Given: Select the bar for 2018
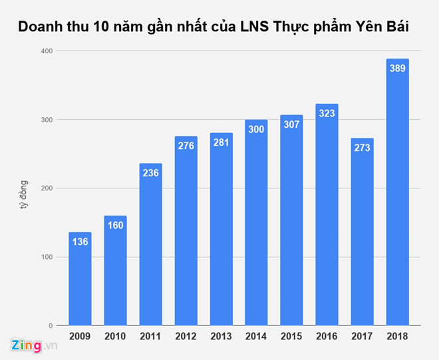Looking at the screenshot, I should click(397, 193).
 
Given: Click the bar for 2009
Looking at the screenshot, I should click(80, 279).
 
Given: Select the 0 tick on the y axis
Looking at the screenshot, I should click(51, 325).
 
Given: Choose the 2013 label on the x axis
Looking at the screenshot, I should click(221, 336).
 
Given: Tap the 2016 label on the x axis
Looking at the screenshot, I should click(327, 336).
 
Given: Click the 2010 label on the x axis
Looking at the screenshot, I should click(115, 336).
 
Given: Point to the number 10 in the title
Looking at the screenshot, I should click(103, 27).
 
